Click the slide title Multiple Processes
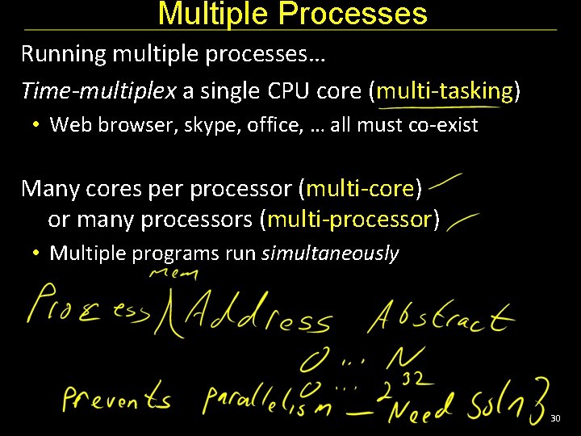292,14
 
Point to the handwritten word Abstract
440,316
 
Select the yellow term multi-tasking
445,91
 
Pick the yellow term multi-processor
350,219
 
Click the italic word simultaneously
330,254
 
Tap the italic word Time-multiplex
98,91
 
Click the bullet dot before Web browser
37,125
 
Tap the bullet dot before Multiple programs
37,254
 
